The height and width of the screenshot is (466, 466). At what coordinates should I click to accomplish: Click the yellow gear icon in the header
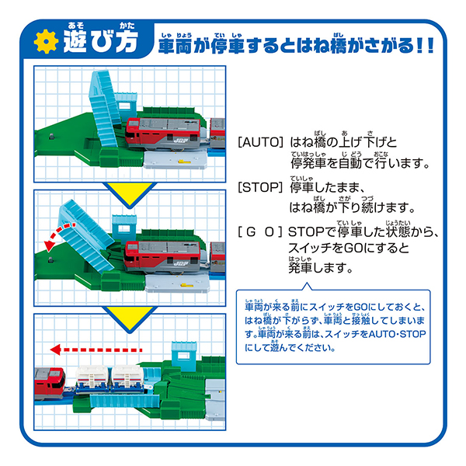pyautogui.click(x=46, y=41)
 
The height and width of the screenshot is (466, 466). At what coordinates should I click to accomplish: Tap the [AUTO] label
pyautogui.click(x=261, y=142)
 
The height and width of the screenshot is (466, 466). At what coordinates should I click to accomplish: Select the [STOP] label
pyautogui.click(x=260, y=187)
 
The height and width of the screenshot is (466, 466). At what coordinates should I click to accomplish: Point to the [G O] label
pyautogui.click(x=260, y=231)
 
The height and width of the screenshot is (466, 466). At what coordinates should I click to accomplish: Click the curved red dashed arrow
pyautogui.click(x=58, y=233)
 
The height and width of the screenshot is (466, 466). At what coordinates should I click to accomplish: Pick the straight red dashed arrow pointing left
pyautogui.click(x=96, y=349)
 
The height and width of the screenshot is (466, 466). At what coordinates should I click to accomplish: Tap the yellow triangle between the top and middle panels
pyautogui.click(x=130, y=193)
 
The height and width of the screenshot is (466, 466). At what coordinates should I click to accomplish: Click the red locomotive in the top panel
pyautogui.click(x=163, y=134)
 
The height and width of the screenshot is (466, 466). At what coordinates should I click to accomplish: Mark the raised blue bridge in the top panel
pyautogui.click(x=104, y=108)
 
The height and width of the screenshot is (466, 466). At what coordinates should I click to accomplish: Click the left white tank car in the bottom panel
pyautogui.click(x=91, y=379)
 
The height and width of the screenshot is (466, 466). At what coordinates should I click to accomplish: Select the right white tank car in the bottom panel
pyautogui.click(x=128, y=379)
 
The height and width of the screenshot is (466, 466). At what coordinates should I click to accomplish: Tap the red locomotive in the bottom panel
pyautogui.click(x=50, y=383)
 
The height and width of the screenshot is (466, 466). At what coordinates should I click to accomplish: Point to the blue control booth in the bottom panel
pyautogui.click(x=184, y=356)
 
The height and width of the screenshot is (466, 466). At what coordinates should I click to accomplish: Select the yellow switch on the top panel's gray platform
pyautogui.click(x=185, y=162)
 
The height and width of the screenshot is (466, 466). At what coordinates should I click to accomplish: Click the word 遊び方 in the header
pyautogui.click(x=101, y=41)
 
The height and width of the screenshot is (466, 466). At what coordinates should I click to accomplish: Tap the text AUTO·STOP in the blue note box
pyautogui.click(x=398, y=334)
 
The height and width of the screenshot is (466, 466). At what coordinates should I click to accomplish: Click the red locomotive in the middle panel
pyautogui.click(x=162, y=257)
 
